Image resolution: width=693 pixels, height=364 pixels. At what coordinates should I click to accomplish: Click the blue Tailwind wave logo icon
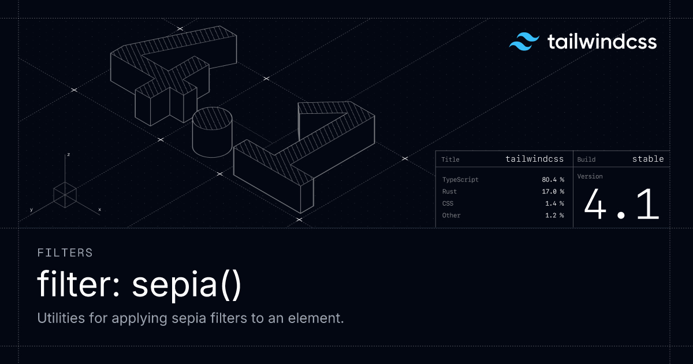coord(524,42)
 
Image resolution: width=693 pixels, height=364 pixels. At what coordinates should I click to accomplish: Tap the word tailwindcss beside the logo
coord(602,42)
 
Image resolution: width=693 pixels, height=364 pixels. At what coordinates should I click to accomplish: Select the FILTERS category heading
coord(65,253)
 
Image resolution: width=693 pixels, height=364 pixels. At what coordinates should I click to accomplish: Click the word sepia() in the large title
coord(187,284)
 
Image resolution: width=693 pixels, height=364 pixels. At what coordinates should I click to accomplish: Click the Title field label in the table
coord(450,159)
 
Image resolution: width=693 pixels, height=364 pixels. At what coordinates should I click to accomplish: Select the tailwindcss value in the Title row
coord(535,159)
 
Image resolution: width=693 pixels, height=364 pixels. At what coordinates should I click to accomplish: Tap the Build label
coord(586,159)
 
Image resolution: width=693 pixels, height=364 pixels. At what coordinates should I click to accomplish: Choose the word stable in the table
coord(648,159)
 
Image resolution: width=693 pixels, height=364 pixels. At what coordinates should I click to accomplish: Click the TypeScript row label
coord(460,180)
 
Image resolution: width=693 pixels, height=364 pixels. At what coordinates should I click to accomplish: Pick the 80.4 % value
coord(553,180)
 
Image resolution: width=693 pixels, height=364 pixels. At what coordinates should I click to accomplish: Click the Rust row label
coord(449,191)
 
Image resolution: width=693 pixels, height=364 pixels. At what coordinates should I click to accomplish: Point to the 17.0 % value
coord(553,191)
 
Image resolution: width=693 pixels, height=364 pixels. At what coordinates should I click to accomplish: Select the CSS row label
coord(448,203)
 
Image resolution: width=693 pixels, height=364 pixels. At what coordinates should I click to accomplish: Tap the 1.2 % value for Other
coord(554,215)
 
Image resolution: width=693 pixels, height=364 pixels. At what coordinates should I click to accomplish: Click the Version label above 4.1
coord(590,176)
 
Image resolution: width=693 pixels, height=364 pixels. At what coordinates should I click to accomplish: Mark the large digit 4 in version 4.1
coord(595,204)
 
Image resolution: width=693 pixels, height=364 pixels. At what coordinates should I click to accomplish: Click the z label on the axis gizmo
coord(68,154)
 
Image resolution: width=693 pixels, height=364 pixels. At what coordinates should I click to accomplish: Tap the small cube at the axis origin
coord(65,195)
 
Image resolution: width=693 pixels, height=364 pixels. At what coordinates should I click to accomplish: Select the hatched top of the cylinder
coord(213,118)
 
